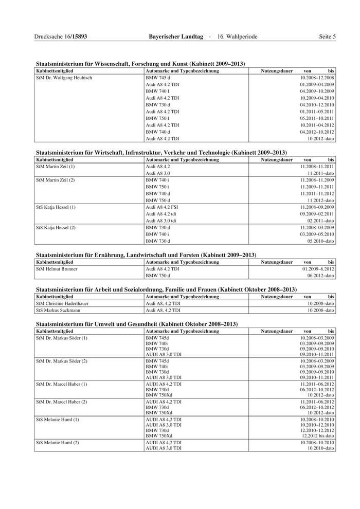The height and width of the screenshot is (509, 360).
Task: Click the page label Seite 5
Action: click(x=327, y=37)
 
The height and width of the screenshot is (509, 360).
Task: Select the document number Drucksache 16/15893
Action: click(x=60, y=37)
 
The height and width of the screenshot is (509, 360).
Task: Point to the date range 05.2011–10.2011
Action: click(x=317, y=118)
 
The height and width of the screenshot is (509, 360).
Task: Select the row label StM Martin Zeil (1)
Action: click(x=56, y=167)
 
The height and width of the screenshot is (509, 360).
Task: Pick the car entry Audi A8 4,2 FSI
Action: click(x=162, y=207)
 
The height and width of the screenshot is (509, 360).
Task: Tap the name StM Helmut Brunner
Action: click(x=57, y=269)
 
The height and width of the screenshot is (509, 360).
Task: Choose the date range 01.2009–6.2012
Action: click(x=318, y=269)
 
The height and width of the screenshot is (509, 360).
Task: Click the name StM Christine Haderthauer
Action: click(x=62, y=303)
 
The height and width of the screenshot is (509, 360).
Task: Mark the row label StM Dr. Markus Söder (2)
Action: click(x=62, y=361)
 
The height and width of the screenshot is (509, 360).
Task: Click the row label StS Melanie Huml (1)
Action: click(x=57, y=420)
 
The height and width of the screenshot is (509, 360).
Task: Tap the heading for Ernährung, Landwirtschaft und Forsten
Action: click(x=146, y=255)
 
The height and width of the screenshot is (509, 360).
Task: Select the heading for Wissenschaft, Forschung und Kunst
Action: click(x=140, y=64)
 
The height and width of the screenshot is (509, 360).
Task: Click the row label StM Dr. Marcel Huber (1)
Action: click(x=62, y=384)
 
